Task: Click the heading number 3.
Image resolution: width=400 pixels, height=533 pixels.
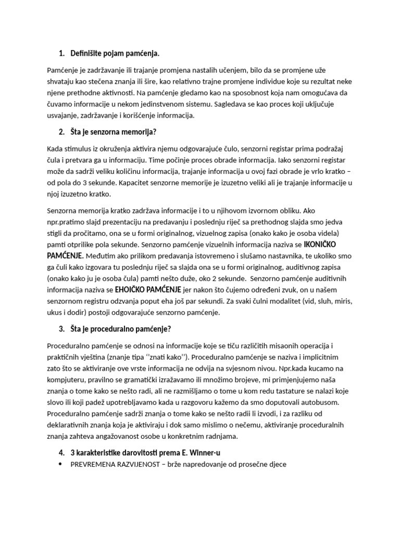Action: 61,329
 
